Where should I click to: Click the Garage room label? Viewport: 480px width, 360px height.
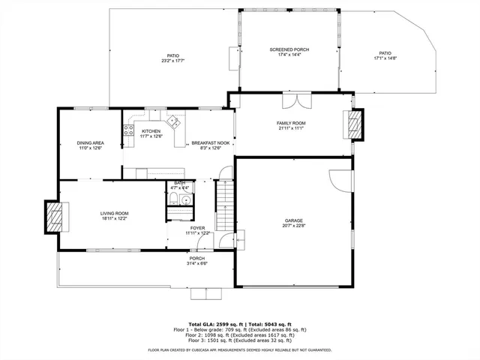293,223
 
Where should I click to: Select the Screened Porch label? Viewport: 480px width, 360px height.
289,52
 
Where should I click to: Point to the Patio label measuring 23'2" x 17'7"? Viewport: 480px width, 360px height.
172,58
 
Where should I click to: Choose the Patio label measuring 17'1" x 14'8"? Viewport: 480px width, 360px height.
385,56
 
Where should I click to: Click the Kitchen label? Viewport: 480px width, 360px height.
151,133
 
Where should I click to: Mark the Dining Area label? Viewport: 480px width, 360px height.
90,145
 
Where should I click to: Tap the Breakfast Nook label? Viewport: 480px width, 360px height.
206,145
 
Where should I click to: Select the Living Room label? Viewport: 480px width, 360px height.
115,217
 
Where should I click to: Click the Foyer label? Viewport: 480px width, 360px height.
198,230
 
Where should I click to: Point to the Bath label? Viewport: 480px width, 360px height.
179,185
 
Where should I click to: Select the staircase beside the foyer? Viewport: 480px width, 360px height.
225,206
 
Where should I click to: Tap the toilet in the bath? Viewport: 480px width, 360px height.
173,199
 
